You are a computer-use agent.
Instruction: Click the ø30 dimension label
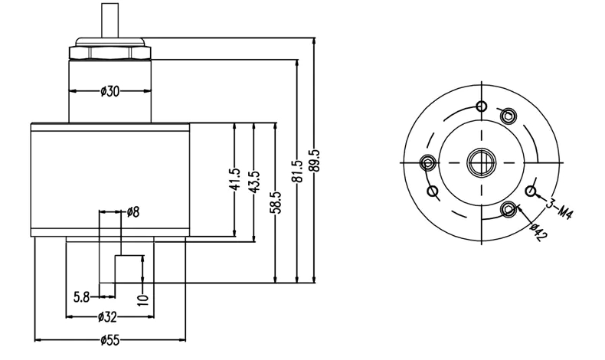pyautogui.click(x=110, y=91)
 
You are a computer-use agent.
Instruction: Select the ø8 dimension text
pyautogui.click(x=132, y=211)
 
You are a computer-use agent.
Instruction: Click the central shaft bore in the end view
pyautogui.click(x=480, y=161)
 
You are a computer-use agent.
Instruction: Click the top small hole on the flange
pyautogui.click(x=480, y=106)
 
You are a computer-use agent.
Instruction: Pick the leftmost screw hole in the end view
pyautogui.click(x=428, y=162)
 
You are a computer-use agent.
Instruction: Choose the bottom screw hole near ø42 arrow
pyautogui.click(x=508, y=209)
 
